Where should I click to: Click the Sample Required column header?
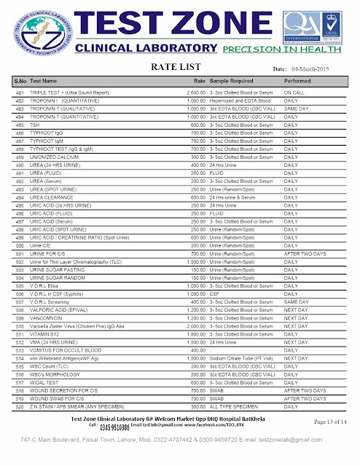[x=233, y=81]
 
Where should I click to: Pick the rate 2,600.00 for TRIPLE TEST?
[x=195, y=94]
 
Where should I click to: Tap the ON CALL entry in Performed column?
[x=294, y=94]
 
